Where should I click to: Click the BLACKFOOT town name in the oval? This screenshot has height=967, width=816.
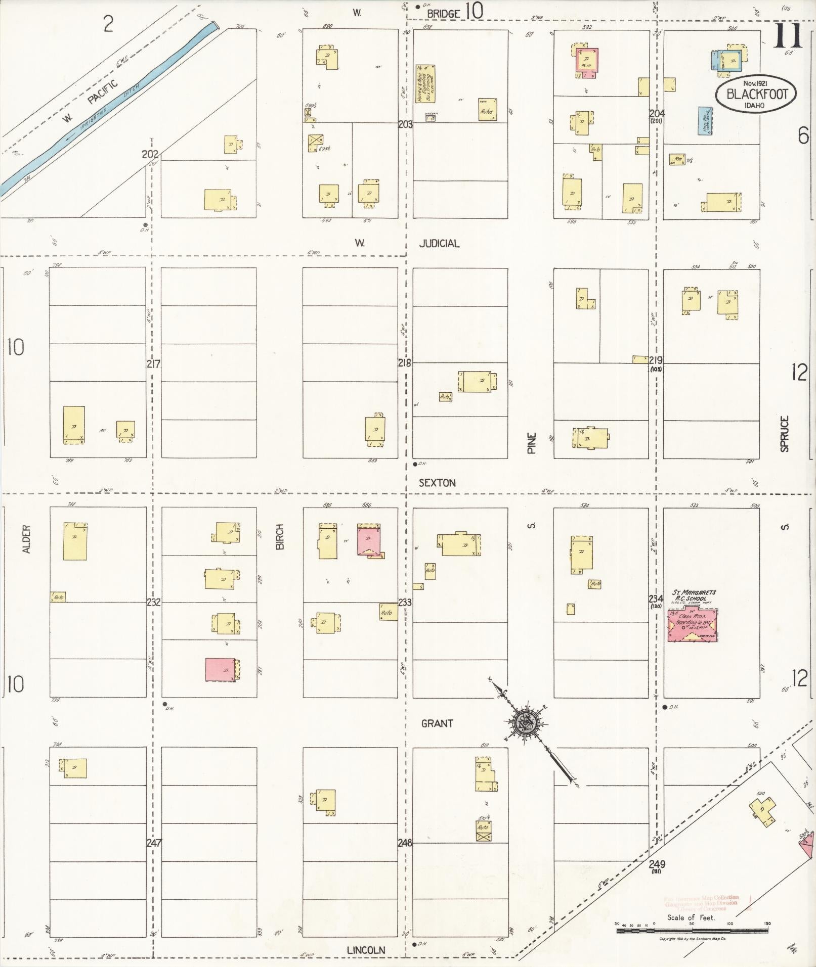click(756, 94)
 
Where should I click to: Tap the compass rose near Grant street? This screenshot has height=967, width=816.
click(525, 724)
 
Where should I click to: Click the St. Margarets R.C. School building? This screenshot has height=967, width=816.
click(693, 625)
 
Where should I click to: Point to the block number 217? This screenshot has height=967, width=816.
click(153, 363)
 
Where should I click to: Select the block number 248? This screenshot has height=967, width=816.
click(405, 843)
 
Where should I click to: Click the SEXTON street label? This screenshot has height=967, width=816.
click(437, 483)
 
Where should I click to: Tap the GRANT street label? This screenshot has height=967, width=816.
click(437, 723)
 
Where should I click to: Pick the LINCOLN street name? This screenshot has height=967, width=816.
click(366, 950)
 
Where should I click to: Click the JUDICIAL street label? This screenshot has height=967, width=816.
click(439, 244)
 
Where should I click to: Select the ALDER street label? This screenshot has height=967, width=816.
click(27, 539)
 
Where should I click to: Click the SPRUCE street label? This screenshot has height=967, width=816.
click(784, 433)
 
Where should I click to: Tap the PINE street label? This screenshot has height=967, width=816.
click(531, 443)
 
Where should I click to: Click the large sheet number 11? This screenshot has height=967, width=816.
click(787, 35)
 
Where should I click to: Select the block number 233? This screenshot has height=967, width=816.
click(405, 603)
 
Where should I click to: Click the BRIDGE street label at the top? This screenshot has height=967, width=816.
click(443, 14)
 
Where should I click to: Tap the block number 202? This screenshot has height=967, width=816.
click(150, 154)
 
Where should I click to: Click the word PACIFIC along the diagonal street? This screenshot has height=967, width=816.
click(103, 91)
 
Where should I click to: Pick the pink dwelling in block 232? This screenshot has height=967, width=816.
click(221, 670)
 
